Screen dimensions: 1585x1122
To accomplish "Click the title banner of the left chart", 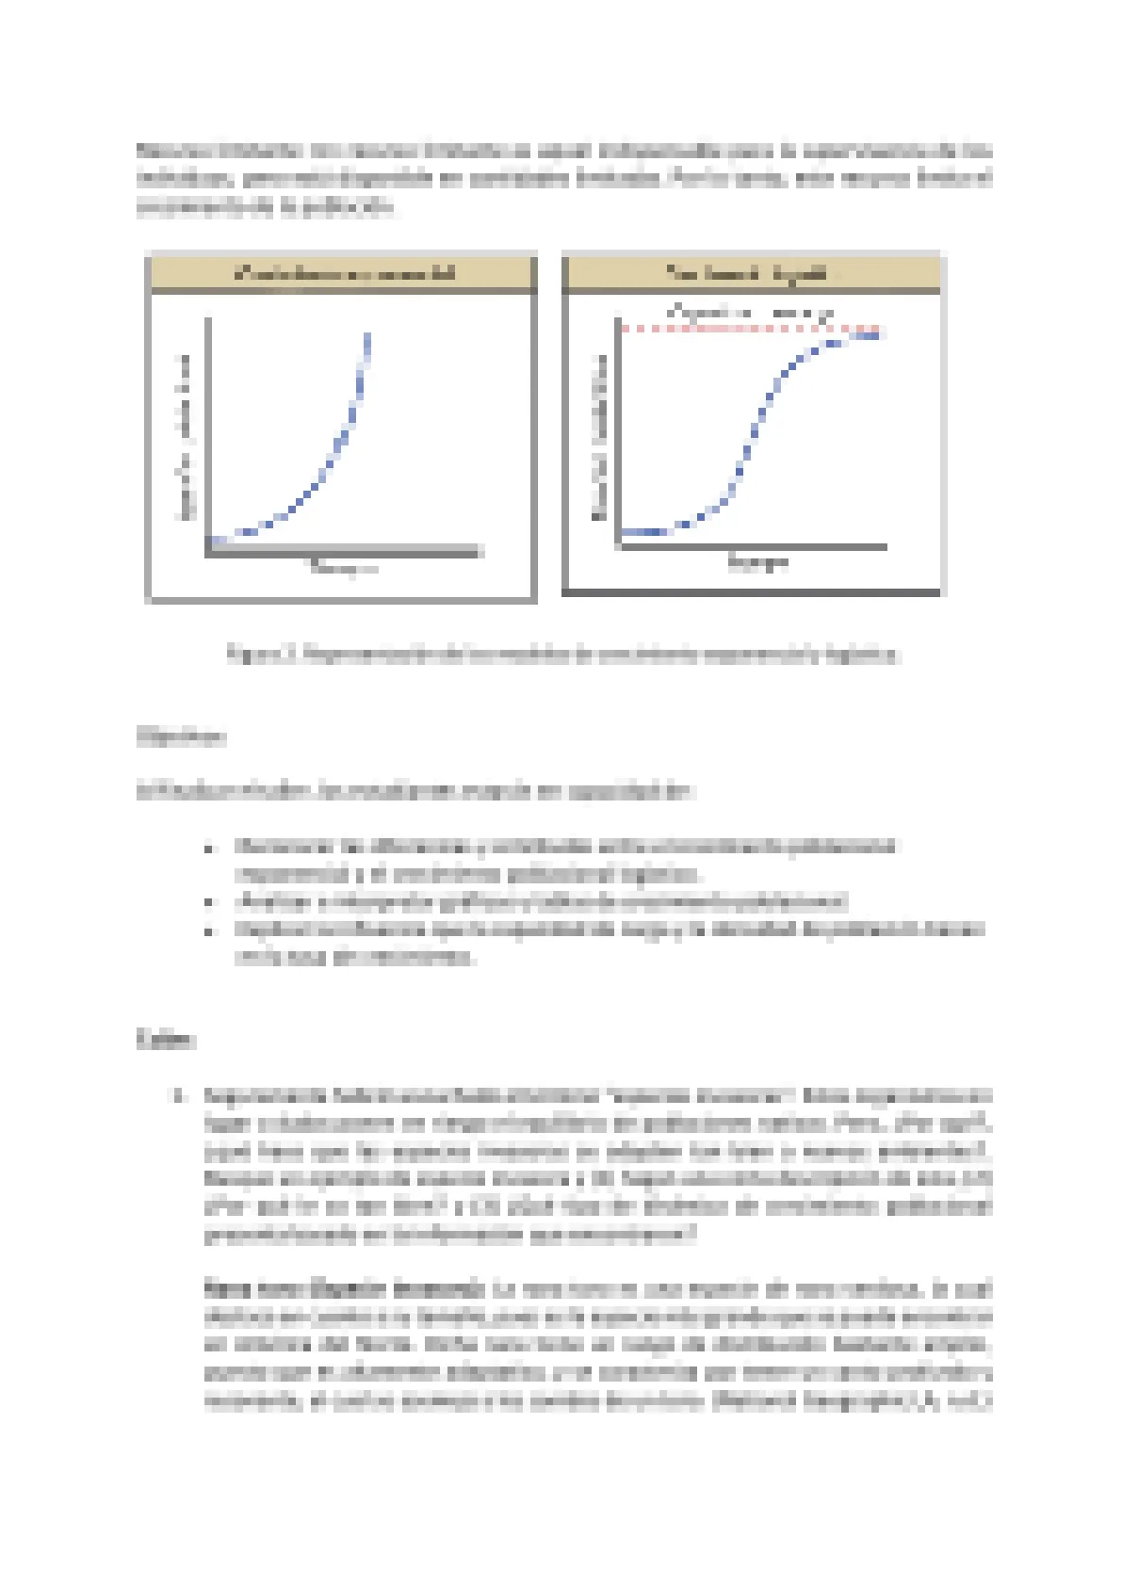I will (x=343, y=273).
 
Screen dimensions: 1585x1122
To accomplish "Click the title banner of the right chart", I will (x=751, y=273).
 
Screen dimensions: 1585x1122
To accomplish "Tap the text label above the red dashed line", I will (x=751, y=311).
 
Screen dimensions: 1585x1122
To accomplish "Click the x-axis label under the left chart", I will (x=344, y=567).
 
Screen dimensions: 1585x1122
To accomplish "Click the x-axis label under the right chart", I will (x=757, y=563).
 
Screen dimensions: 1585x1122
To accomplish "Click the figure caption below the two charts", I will (x=563, y=654).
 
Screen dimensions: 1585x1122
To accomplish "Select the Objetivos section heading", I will (x=181, y=736).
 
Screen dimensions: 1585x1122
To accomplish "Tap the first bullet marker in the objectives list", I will (x=210, y=848).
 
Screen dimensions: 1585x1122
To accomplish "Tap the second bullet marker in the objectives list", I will (x=210, y=902).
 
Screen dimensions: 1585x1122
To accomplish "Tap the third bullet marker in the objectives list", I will (x=210, y=930).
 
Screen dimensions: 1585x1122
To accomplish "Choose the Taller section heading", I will (x=166, y=1040).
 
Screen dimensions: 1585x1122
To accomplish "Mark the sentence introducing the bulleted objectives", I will (x=415, y=791).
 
